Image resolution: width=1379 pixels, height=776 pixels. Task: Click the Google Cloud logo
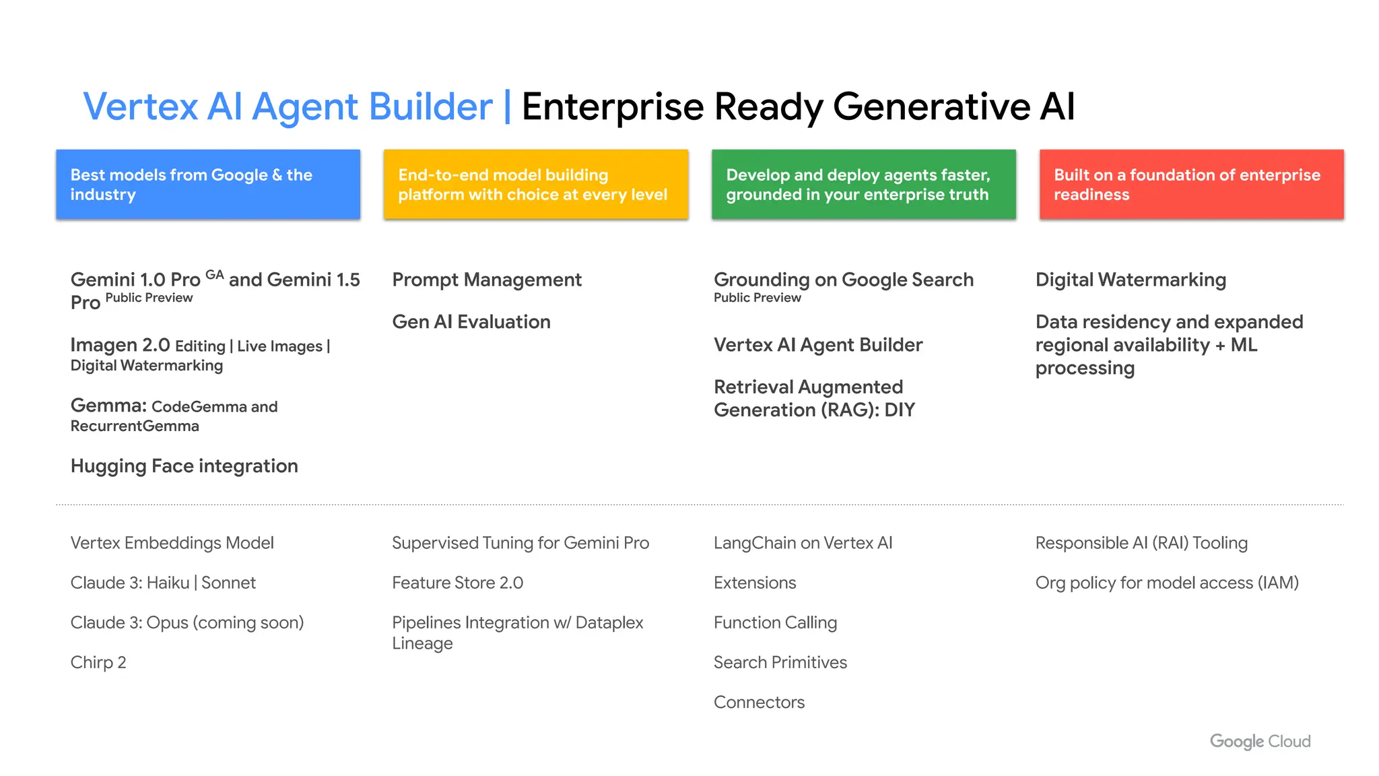[x=1260, y=741]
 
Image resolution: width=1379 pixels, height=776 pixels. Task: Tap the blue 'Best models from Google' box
[x=208, y=184]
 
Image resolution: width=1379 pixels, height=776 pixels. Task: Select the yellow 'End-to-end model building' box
[x=535, y=184]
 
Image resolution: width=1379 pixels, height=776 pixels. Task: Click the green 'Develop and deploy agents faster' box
[x=863, y=184]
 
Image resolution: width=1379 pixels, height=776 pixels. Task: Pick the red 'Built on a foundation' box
[x=1191, y=184]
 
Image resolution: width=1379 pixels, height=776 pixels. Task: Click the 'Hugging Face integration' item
[x=184, y=466]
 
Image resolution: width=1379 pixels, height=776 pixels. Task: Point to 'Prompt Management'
[x=487, y=280]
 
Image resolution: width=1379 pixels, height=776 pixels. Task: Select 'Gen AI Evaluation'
[x=471, y=322]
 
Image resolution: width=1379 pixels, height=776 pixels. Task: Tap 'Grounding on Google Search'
[x=843, y=280]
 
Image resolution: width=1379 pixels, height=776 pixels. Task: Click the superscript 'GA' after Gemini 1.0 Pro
[x=215, y=275]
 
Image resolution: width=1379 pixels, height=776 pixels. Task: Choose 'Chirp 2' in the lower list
[x=98, y=662]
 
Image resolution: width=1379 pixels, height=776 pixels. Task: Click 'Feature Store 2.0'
[x=457, y=583]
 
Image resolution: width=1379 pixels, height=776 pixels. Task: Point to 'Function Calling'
[x=775, y=622]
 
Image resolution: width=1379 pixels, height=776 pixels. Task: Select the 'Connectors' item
[x=759, y=702]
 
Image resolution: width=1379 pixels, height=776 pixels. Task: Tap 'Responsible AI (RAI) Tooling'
[x=1141, y=543]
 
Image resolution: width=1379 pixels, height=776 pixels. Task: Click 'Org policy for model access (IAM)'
[x=1167, y=583]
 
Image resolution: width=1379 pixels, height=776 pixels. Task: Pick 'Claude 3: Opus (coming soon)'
[x=187, y=622]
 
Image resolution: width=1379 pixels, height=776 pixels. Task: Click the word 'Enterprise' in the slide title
[x=612, y=106]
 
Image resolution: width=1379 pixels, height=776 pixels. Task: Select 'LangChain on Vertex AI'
[x=803, y=543]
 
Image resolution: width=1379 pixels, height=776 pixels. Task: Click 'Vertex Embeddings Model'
[x=172, y=543]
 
